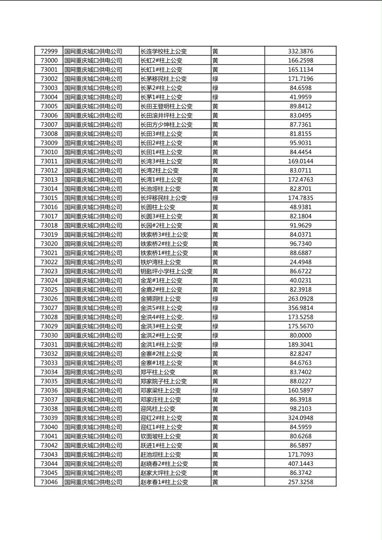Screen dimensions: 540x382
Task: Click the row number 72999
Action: click(x=49, y=51)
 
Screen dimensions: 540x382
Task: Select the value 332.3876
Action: click(x=300, y=51)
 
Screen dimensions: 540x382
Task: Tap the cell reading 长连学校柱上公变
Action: click(x=164, y=51)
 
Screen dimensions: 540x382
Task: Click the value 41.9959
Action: click(x=300, y=97)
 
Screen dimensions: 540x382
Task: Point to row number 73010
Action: click(x=49, y=152)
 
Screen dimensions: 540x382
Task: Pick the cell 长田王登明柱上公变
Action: click(x=167, y=106)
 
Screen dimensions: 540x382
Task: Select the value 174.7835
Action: click(x=300, y=198)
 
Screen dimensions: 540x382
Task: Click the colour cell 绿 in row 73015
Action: click(x=215, y=198)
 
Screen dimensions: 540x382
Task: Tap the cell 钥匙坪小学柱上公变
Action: click(x=167, y=271)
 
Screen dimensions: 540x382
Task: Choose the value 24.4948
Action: click(x=300, y=262)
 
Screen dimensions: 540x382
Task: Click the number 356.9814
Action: click(x=300, y=308)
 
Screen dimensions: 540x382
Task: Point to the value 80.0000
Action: click(x=300, y=335)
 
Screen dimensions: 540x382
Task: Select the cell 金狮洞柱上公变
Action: click(x=161, y=299)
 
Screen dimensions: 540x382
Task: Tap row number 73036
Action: click(x=49, y=390)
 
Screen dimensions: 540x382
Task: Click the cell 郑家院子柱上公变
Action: click(x=164, y=381)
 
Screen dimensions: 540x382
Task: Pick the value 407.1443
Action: click(x=300, y=463)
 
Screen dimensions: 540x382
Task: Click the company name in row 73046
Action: click(x=93, y=482)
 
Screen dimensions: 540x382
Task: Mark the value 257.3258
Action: click(x=300, y=482)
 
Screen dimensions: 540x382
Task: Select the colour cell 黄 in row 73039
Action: click(x=215, y=418)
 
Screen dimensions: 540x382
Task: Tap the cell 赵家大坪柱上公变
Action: click(x=164, y=473)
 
